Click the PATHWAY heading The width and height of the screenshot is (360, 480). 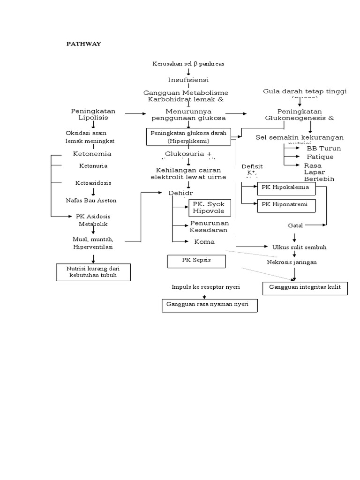(83, 44)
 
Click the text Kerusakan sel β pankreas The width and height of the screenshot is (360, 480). (188, 63)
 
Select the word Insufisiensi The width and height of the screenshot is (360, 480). (188, 80)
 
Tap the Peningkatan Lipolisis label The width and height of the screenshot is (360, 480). (93, 114)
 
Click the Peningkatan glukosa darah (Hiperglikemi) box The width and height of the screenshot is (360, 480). (188, 137)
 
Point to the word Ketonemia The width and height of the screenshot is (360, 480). (92, 154)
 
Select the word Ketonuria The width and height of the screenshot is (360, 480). (93, 166)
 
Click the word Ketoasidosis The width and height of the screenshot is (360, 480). (93, 182)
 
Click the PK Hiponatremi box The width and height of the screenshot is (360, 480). (286, 205)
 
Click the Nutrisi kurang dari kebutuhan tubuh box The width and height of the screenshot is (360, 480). (93, 272)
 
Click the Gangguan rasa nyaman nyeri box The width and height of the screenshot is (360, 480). (209, 305)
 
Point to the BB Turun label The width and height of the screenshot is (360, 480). (323, 149)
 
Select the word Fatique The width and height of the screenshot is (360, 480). (320, 157)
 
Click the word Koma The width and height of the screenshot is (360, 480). (204, 242)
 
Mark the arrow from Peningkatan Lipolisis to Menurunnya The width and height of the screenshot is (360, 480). (136, 113)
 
